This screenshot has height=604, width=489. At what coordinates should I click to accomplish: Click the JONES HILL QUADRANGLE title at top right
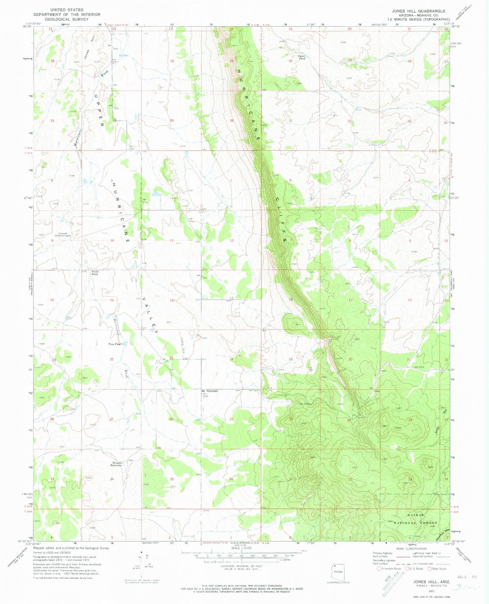419,11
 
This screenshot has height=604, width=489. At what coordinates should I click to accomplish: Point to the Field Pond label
95,273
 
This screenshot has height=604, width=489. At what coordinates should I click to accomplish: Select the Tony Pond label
114,344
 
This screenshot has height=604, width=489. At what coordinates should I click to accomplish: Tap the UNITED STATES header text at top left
66,10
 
